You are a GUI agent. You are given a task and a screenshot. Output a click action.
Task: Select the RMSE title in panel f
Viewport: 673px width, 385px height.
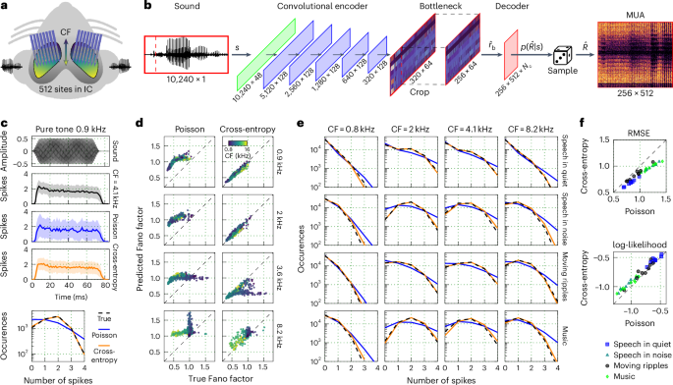coord(623,125)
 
